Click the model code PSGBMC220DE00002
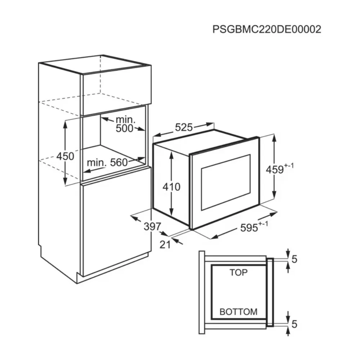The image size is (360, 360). pos(267,30)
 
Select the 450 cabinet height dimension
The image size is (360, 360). pos(66,156)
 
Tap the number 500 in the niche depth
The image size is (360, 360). pos(125,129)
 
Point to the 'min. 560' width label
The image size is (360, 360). pos(107,163)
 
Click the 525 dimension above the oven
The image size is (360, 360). pos(184,127)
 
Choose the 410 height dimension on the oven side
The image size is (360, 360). pos(171,187)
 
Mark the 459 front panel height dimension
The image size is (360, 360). pos(275,170)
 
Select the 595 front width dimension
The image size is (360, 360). pos(249,228)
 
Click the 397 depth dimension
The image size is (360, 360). pos(152,226)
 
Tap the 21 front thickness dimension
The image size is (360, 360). pos(165,245)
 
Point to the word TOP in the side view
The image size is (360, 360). pos(239,273)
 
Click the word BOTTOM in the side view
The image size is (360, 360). pos(239,312)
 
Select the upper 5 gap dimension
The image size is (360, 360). pos(294,259)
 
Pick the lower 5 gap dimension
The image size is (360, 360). pos(294,324)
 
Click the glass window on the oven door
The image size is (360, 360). pos(226,182)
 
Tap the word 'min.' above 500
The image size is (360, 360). pos(126,120)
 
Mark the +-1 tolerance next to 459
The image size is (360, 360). pos(289,166)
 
